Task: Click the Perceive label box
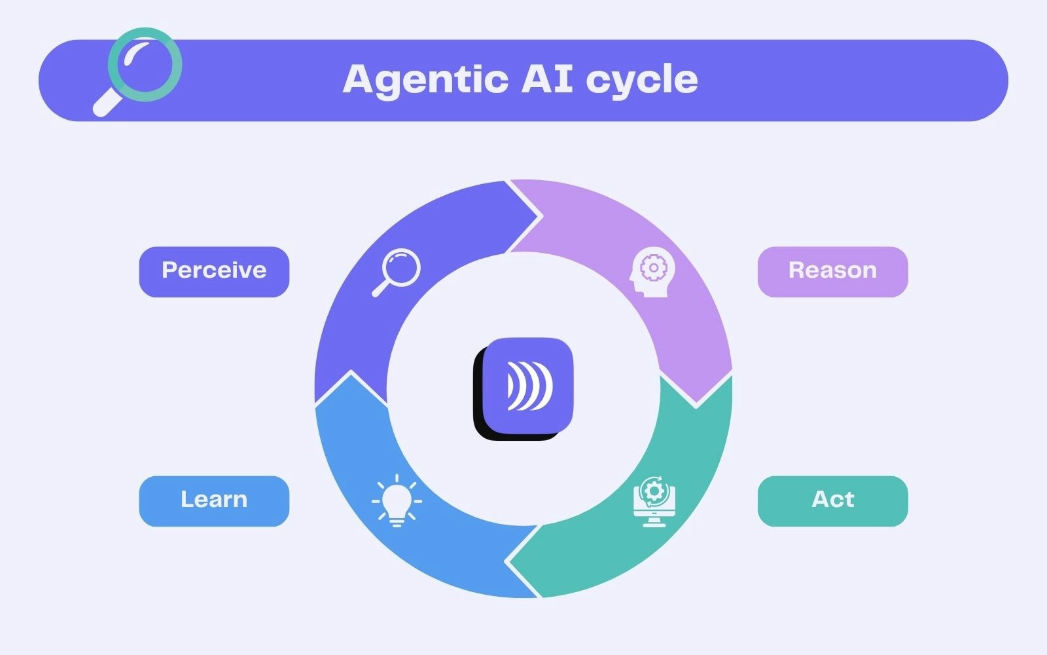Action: (214, 271)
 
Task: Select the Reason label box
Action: (832, 271)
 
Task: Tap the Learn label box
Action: (214, 500)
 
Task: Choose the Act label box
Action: (832, 500)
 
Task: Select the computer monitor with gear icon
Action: (654, 502)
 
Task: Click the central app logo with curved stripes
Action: (529, 385)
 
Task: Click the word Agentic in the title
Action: (425, 80)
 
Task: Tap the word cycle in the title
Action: (641, 80)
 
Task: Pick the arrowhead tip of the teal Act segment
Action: (508, 562)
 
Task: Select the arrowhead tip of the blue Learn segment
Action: (351, 373)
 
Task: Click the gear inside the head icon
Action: (653, 267)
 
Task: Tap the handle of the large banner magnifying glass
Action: (106, 103)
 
